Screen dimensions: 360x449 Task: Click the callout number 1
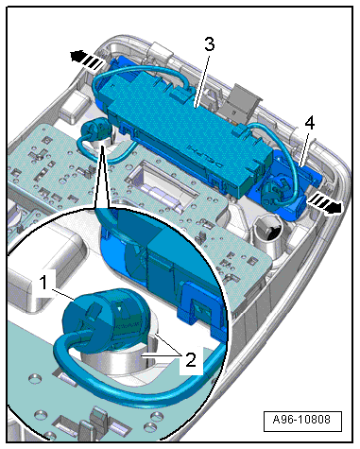tap(43, 282)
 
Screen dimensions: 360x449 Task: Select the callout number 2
tap(190, 359)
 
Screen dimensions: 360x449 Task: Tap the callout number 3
tap(210, 44)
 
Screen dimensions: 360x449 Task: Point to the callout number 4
tap(310, 123)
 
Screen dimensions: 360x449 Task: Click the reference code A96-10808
tap(302, 420)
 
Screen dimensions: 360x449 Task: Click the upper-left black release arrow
tap(86, 60)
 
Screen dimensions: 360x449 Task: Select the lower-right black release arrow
tap(324, 204)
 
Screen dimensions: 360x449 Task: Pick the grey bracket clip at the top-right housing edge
tap(243, 100)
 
